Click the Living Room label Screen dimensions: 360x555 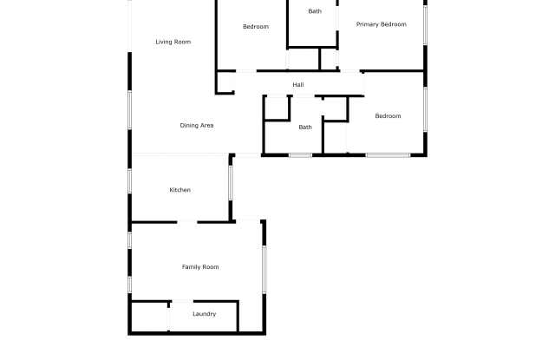coord(173,42)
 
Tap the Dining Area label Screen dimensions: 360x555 coord(197,126)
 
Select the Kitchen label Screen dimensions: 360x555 coord(180,190)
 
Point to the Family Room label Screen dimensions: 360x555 coord(199,267)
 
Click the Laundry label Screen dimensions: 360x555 coord(204,314)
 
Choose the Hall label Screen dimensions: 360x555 coord(297,84)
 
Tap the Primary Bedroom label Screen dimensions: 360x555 coord(381,24)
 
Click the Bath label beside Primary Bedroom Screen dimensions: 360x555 coord(314,11)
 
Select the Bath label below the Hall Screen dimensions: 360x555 coord(305,128)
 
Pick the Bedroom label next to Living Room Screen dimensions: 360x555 coord(256,27)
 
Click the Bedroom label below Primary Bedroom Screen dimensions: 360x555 coord(388,116)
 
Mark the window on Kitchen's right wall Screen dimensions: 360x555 coord(230,184)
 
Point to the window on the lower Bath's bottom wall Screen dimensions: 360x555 coord(301,155)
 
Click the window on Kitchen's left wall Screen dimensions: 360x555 coord(130,180)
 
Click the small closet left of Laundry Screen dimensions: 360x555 coord(149,316)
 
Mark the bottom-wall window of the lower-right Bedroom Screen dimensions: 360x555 coord(388,155)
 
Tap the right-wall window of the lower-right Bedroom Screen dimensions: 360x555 coord(425,109)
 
